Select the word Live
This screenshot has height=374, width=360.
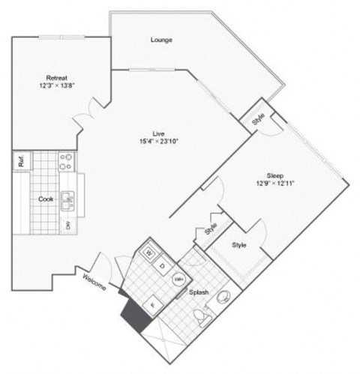[x=158, y=133]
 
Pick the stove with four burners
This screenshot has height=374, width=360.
[x=65, y=163]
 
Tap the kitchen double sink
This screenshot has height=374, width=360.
[x=69, y=200]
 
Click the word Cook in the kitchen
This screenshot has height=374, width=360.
[x=44, y=200]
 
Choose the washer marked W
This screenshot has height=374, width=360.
[x=148, y=253]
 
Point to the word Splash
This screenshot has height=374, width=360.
[x=199, y=292]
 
